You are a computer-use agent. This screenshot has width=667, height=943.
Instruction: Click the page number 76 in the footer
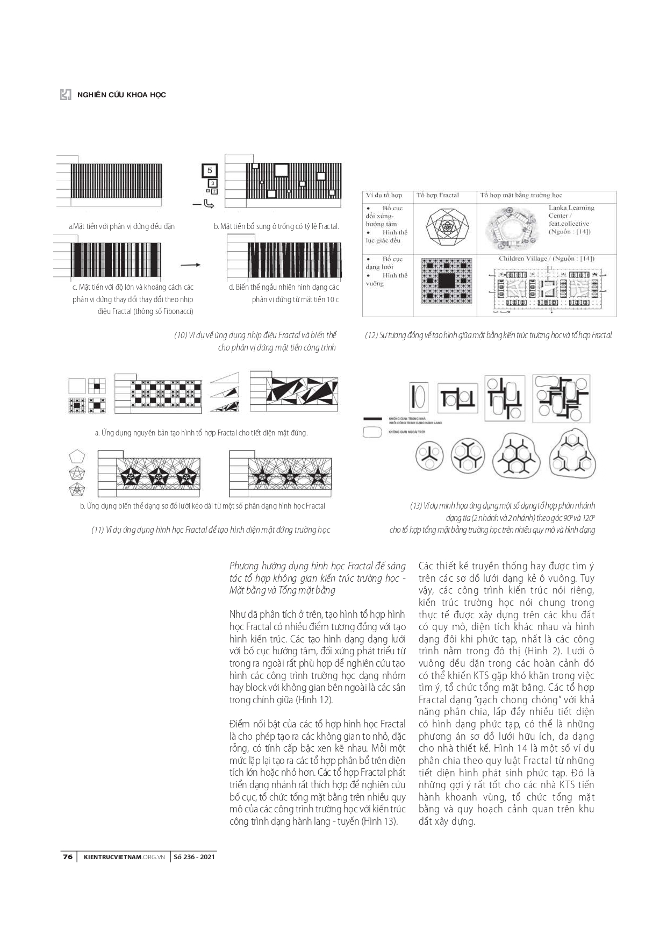click(67, 856)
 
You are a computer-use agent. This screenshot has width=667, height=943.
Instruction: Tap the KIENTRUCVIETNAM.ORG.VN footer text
click(124, 856)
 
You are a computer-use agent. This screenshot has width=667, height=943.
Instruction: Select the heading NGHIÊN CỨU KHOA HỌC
click(121, 95)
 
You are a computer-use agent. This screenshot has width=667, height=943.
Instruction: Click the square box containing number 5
click(210, 171)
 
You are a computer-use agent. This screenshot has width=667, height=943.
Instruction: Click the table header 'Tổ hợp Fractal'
click(438, 195)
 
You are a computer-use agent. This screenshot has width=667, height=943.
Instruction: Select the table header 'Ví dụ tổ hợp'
click(384, 195)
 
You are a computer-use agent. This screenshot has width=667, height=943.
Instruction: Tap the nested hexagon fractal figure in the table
click(447, 227)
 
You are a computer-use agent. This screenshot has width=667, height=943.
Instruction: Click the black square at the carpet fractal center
click(447, 280)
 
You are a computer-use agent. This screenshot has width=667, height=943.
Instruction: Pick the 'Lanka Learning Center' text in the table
click(571, 211)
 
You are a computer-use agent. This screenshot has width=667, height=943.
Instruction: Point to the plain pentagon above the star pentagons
click(77, 457)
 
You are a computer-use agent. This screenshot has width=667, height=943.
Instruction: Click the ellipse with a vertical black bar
click(419, 397)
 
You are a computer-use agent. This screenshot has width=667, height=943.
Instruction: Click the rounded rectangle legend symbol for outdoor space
click(372, 431)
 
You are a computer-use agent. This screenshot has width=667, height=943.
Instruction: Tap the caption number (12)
click(371, 335)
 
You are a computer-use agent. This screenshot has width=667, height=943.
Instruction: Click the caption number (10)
click(180, 335)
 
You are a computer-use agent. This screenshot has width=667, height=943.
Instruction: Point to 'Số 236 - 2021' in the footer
click(194, 856)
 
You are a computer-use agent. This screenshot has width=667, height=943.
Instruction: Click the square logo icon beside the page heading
click(66, 94)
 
